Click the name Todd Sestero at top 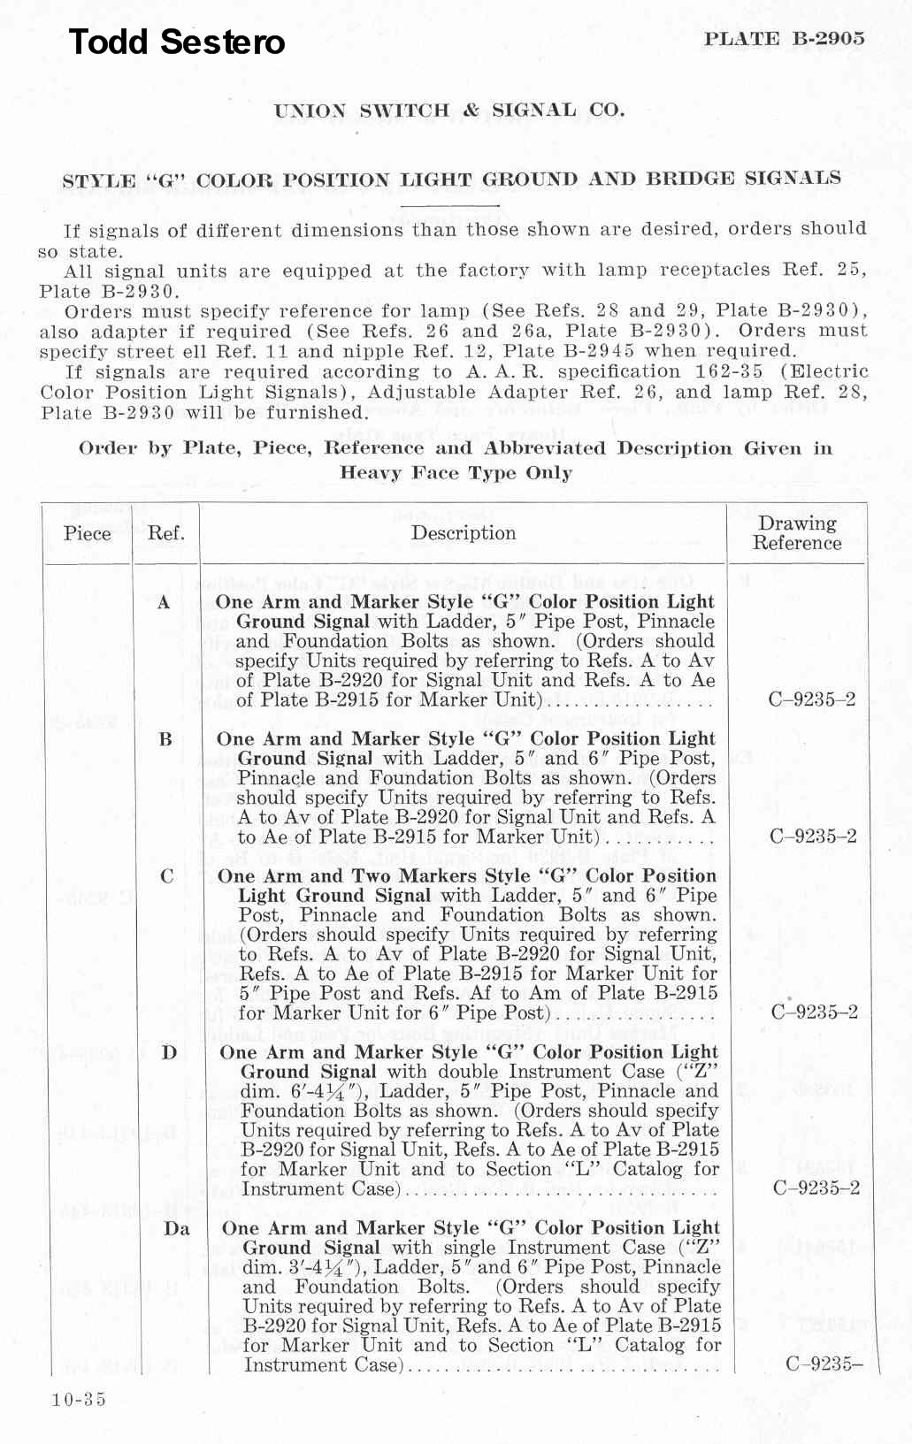click(x=177, y=42)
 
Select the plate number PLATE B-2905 click(x=784, y=38)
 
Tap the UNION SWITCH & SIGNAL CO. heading click(x=449, y=111)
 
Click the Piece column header click(x=88, y=533)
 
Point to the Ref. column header click(x=165, y=533)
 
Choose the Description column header click(x=464, y=532)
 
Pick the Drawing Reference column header click(x=797, y=533)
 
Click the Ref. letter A click(x=164, y=602)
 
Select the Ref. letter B click(x=165, y=739)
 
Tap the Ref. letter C click(x=166, y=876)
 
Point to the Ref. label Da click(x=177, y=1228)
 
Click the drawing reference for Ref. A click(x=812, y=699)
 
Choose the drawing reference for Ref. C click(x=814, y=1012)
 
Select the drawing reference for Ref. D click(x=816, y=1188)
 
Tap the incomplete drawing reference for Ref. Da click(x=824, y=1364)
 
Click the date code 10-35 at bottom click(x=79, y=1399)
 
